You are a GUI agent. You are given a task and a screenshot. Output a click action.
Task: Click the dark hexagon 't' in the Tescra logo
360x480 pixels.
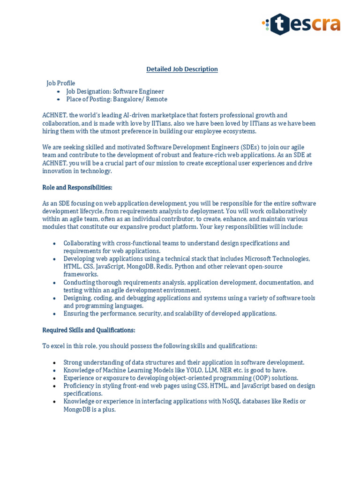point(280,24)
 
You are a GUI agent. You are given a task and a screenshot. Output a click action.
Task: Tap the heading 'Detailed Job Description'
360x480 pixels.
point(182,69)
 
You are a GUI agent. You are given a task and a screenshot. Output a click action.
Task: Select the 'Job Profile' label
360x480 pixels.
point(60,83)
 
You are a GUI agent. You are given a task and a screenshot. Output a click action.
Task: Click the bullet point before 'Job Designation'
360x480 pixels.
point(58,92)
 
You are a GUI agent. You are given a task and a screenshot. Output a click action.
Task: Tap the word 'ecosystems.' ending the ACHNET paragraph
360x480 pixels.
point(240,131)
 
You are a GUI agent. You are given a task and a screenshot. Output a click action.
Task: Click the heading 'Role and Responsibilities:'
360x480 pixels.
point(77,187)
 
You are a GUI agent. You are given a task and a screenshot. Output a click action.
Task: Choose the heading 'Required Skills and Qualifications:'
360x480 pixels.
point(89,330)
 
